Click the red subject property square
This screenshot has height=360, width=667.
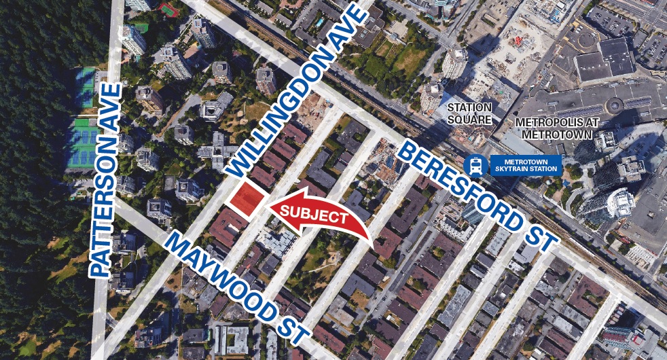tap(246, 198)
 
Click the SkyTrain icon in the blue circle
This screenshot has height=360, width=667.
tap(473, 164)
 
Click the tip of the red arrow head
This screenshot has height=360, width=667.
tap(268, 203)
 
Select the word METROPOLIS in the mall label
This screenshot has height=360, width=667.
tap(547, 122)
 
